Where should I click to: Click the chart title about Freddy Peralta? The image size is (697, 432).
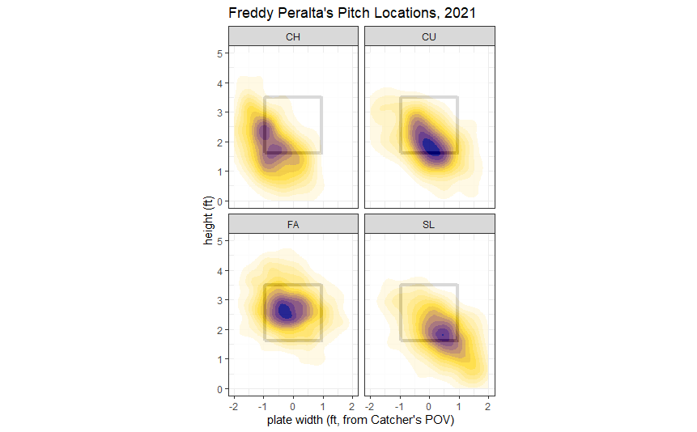(x=351, y=13)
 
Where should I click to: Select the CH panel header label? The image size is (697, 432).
(x=292, y=36)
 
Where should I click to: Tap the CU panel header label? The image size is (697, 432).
(x=429, y=36)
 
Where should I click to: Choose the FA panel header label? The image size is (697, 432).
(x=292, y=224)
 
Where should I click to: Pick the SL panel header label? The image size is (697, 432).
(x=429, y=224)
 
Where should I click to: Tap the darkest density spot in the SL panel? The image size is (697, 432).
(x=442, y=333)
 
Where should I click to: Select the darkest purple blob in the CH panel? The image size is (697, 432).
(x=263, y=131)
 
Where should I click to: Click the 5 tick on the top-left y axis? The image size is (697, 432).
(x=219, y=53)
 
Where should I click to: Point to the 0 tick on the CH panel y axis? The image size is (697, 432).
(x=219, y=201)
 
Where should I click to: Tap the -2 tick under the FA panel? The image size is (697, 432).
(x=234, y=404)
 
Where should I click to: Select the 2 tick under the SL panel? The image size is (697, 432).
(x=488, y=404)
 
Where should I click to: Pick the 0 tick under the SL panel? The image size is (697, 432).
(x=429, y=404)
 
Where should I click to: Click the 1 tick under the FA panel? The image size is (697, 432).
(x=322, y=404)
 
